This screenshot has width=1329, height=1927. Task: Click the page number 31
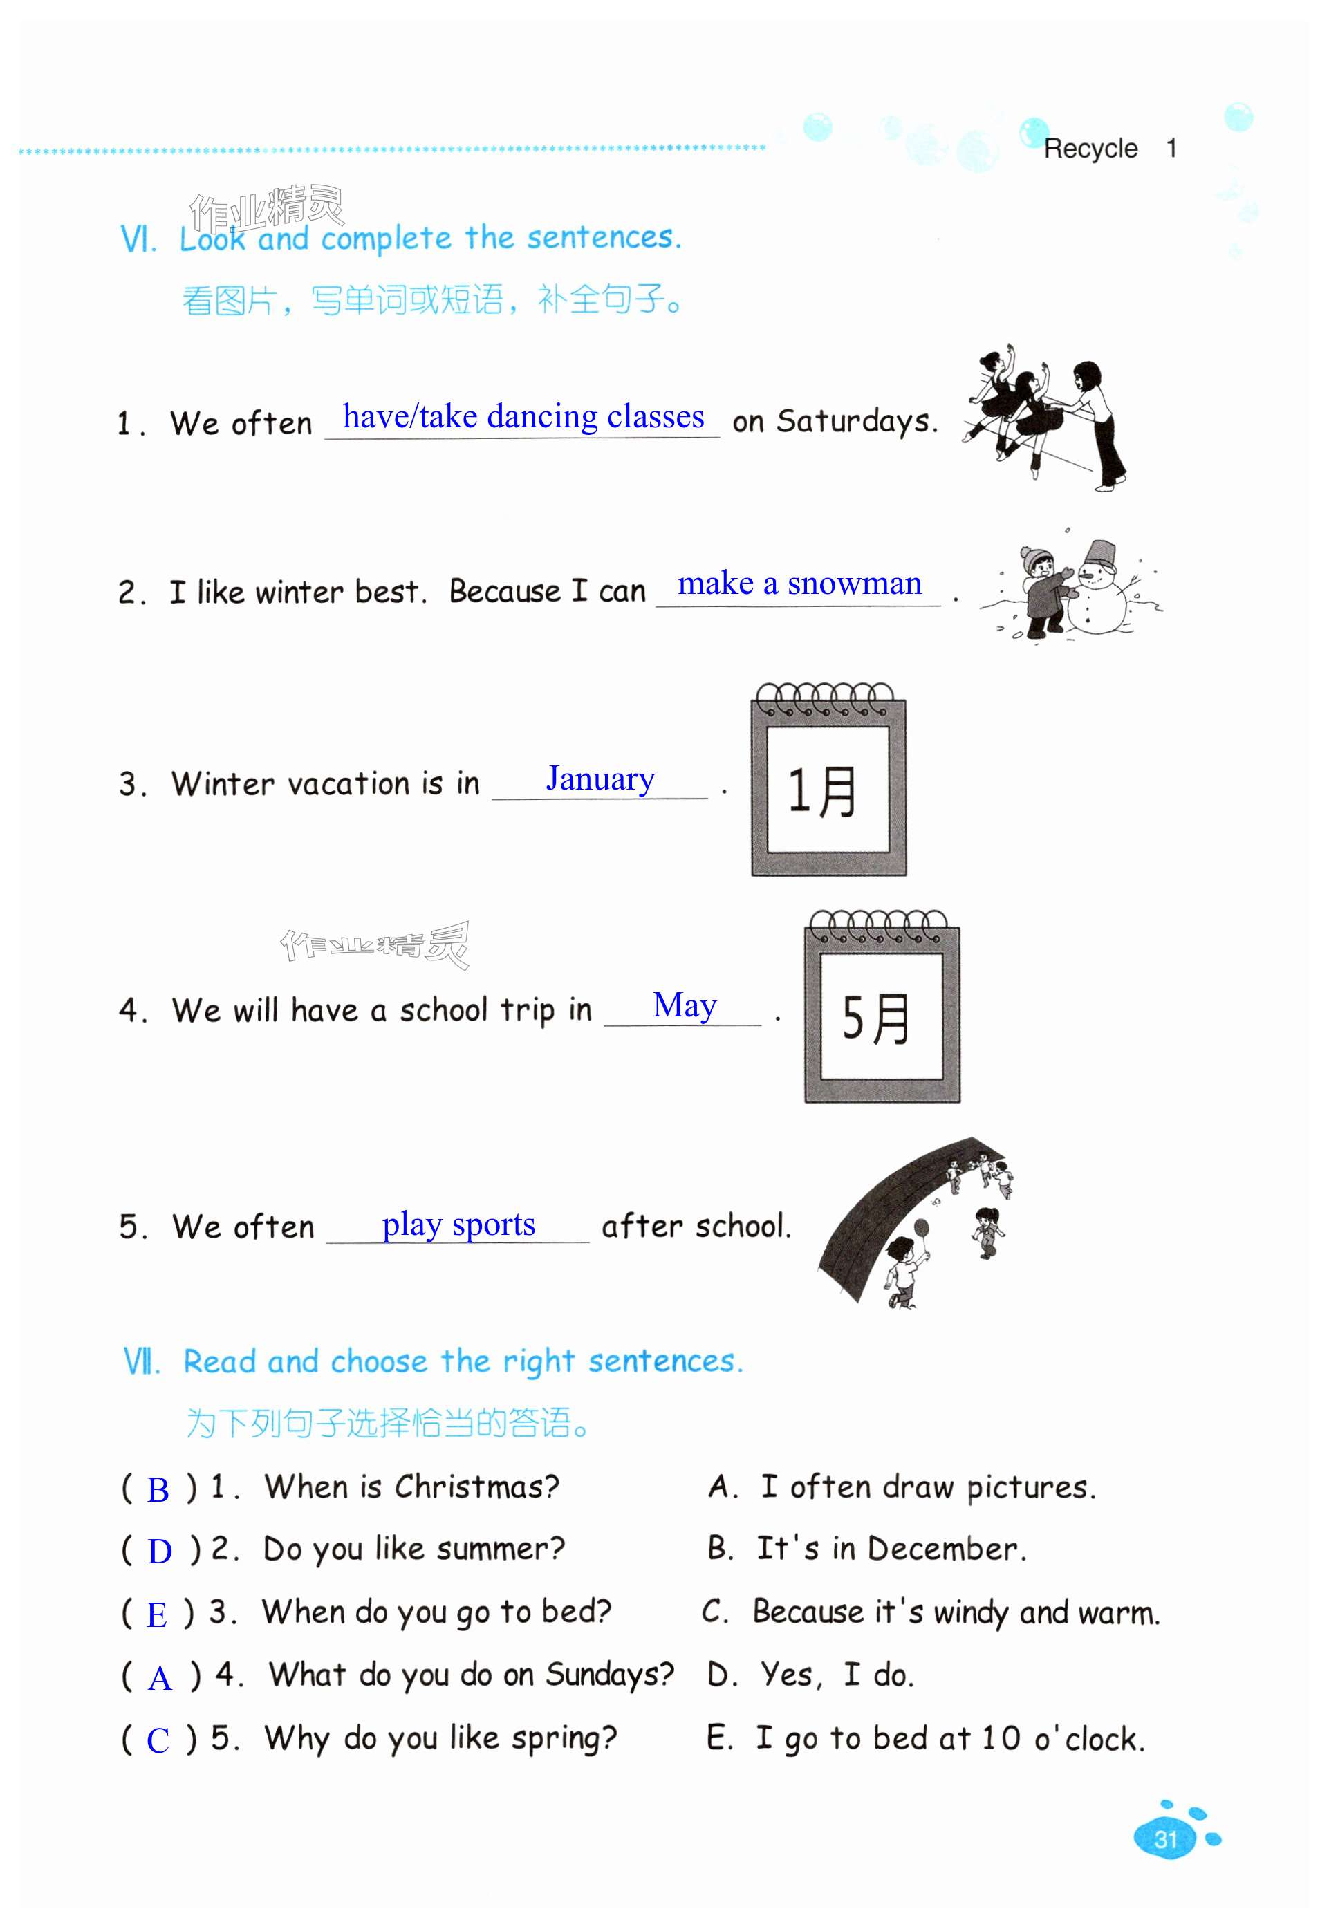(x=1165, y=1838)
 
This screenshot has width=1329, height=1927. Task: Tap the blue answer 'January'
(x=600, y=779)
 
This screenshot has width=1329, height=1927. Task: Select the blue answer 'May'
(x=684, y=1005)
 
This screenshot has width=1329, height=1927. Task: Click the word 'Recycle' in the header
(x=1090, y=149)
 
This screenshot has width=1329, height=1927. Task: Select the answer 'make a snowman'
(x=799, y=584)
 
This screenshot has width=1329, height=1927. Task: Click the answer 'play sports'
(x=458, y=1225)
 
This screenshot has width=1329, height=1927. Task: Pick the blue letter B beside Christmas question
(x=158, y=1489)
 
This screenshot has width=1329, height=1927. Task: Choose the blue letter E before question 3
(x=156, y=1615)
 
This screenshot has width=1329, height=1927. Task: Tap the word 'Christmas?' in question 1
(x=476, y=1487)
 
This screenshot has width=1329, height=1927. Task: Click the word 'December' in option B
(x=942, y=1549)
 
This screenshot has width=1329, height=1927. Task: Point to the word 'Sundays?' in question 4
(x=608, y=1674)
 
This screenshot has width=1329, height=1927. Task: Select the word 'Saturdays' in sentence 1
(x=852, y=421)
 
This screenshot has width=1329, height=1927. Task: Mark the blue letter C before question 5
(x=158, y=1740)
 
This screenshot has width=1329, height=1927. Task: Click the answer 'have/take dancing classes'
(x=523, y=416)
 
